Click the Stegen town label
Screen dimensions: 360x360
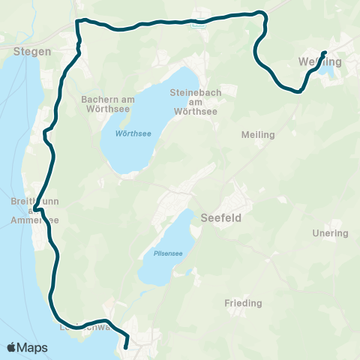coord(31,52)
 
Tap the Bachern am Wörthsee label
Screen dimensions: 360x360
coord(104,103)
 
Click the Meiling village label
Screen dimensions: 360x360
coord(258,135)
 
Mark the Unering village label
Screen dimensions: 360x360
coord(330,233)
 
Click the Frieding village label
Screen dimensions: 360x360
coord(243,304)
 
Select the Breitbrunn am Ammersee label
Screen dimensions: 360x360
coord(30,209)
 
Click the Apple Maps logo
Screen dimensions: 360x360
coord(27,347)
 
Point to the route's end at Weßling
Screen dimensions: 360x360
coord(325,52)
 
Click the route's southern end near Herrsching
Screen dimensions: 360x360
coord(125,347)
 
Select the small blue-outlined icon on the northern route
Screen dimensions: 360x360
coord(198,23)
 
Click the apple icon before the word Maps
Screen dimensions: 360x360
coord(11,347)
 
